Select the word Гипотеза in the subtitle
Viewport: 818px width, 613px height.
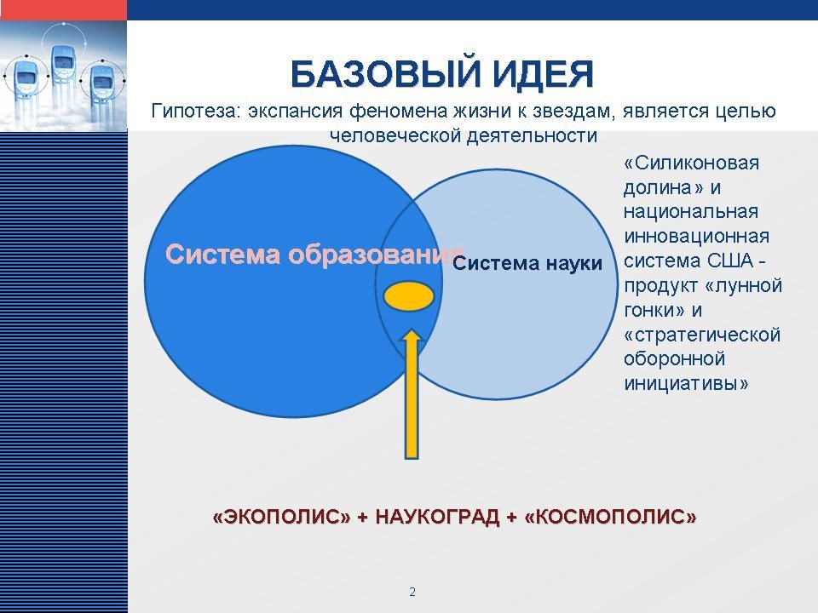[196, 111]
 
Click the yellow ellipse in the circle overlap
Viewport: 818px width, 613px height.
[409, 296]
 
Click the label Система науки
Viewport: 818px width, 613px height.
[527, 263]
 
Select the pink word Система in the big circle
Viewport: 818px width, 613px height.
[222, 255]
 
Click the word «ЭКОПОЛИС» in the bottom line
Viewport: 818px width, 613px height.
[282, 517]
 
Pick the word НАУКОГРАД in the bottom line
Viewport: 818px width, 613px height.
[437, 517]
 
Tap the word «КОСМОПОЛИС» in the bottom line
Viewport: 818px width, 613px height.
[610, 517]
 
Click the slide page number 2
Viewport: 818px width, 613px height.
[412, 592]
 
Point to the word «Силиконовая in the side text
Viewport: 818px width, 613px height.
[691, 163]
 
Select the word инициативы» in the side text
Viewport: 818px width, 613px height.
[686, 384]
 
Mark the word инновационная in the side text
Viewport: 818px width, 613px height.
[696, 236]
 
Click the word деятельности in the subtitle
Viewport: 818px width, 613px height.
[532, 135]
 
